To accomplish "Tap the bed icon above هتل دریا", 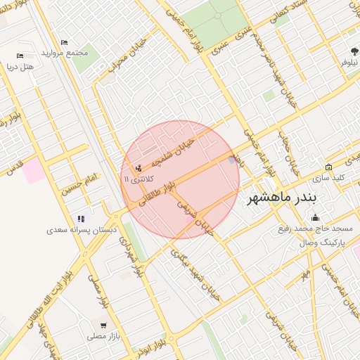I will (20, 56).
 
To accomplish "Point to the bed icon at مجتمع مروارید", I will (65, 43).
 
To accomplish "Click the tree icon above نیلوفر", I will (354, 51).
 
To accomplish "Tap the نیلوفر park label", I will (349, 63).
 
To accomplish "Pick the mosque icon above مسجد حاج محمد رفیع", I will (314, 217).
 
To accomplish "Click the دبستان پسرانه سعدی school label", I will (82, 230).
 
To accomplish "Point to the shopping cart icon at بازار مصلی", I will (104, 326).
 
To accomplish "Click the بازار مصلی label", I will (104, 337).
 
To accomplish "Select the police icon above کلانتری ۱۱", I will (138, 168).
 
